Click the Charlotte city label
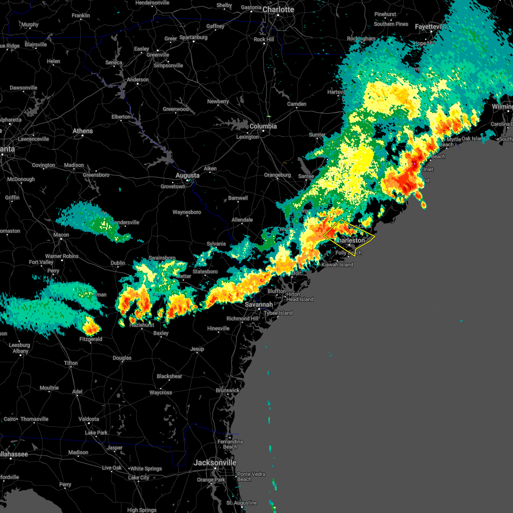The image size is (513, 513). coord(278,9)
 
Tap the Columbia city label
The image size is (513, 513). coord(263,127)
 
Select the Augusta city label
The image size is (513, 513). coord(187,175)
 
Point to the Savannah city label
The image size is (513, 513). coord(259,305)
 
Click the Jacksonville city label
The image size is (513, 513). coord(215,463)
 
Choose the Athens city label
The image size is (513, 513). coord(83,131)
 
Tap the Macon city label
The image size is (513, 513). coord(61,235)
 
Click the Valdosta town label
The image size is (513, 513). coord(89,419)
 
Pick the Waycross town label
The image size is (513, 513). coord(161,393)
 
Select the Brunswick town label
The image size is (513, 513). coord(227,391)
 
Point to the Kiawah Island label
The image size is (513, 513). coord(337,265)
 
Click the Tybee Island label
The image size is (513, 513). coord(278,313)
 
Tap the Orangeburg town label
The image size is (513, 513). coord(277,175)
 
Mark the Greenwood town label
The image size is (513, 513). coord(176,109)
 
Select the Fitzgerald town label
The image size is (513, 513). coord(91,339)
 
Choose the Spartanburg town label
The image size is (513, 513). coord(193,38)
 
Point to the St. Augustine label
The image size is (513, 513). coord(242,503)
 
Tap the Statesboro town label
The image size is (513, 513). coord(205,272)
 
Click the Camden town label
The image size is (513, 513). coord(297,104)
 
